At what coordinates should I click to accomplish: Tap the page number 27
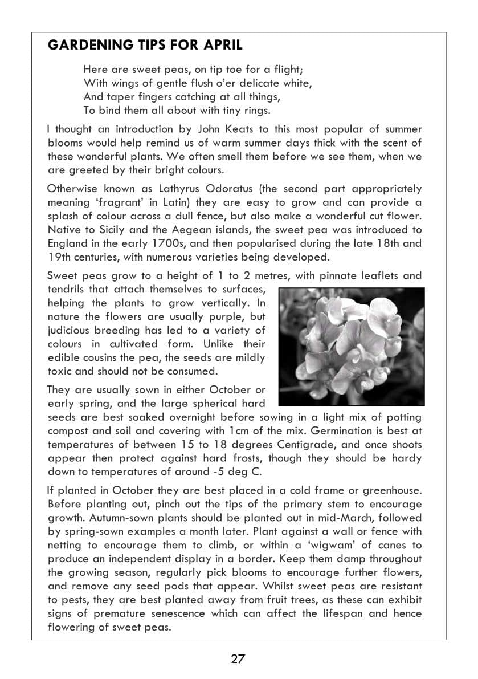click(238, 659)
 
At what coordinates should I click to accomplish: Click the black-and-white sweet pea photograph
click(352, 346)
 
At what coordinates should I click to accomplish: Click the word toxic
click(60, 371)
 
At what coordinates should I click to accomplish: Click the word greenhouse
click(392, 490)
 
